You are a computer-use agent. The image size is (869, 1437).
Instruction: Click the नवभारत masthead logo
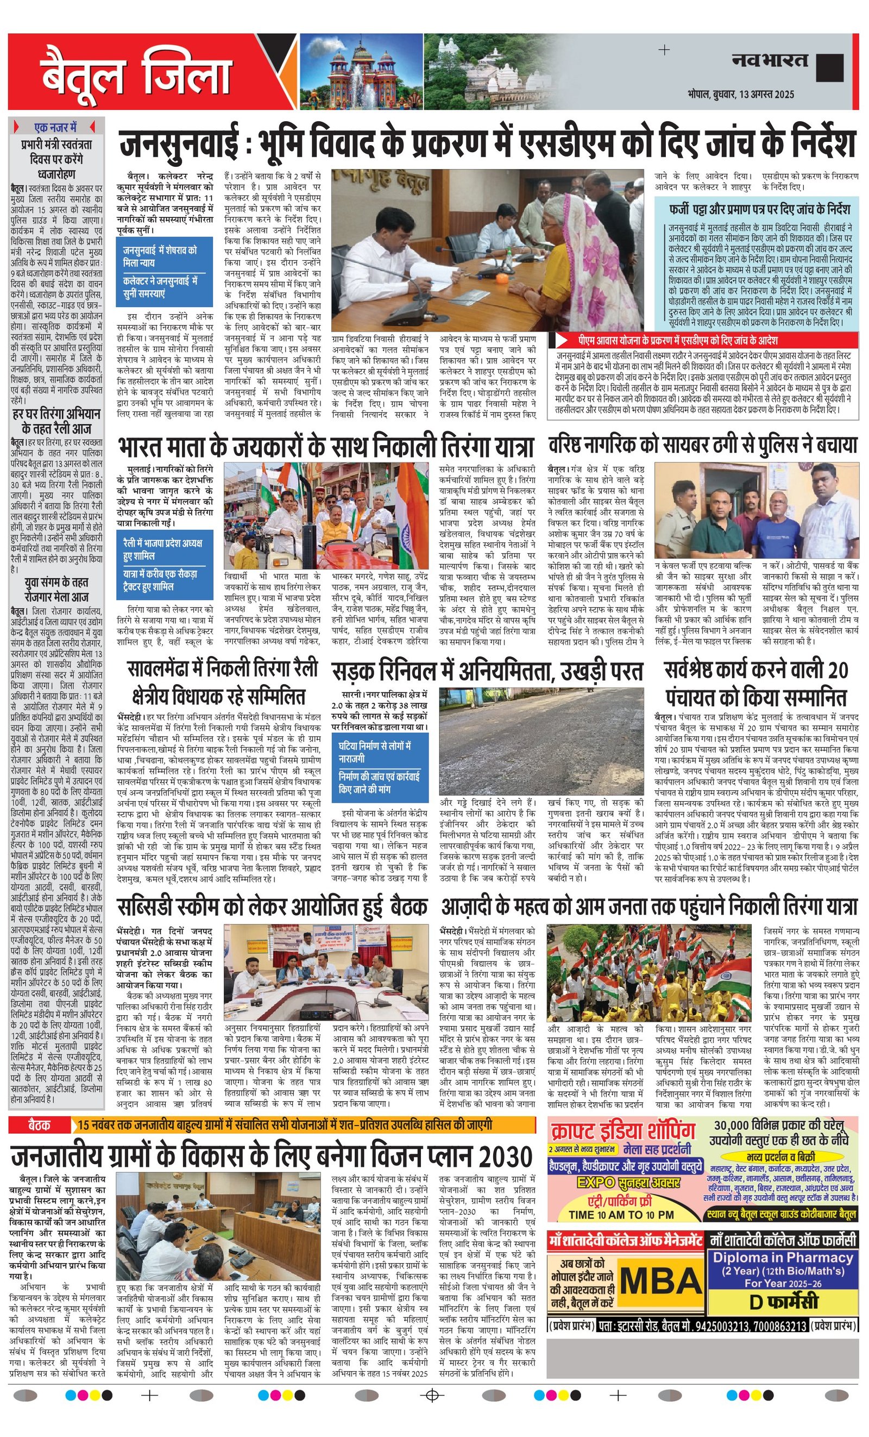click(x=770, y=61)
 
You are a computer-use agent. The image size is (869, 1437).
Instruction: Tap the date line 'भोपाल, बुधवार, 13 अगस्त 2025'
click(x=740, y=94)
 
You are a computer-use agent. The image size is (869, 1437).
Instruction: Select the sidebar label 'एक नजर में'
click(x=55, y=127)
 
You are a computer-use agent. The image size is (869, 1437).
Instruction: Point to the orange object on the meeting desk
click(x=500, y=279)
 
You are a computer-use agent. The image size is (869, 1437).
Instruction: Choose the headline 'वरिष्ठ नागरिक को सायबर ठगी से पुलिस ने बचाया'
click(x=702, y=446)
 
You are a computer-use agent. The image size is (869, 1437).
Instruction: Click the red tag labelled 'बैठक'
click(x=39, y=1125)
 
